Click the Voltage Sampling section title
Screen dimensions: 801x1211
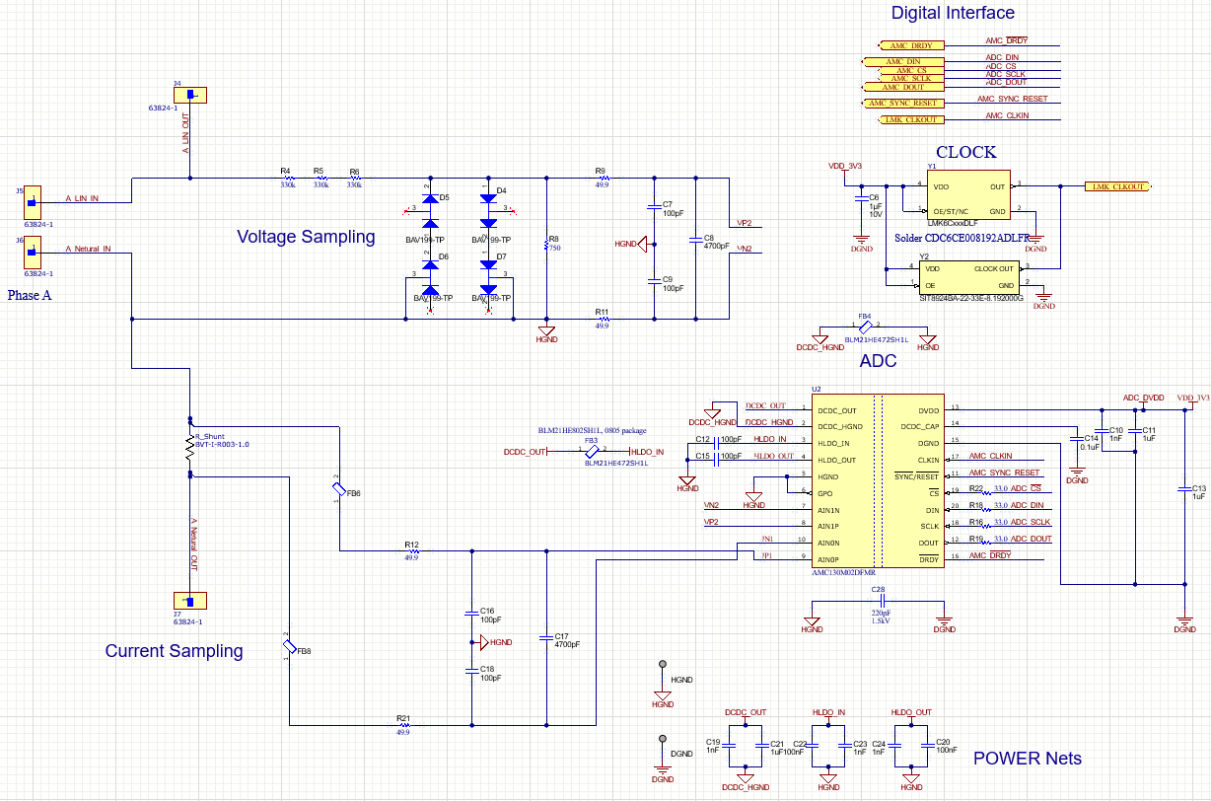click(306, 237)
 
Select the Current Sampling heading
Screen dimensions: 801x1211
click(174, 651)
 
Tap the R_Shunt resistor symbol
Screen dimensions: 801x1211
click(190, 448)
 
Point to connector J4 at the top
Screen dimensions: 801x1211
click(190, 96)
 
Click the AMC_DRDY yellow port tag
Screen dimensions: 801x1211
click(910, 45)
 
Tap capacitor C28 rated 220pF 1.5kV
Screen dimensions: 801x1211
click(879, 600)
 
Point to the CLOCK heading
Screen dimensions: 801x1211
click(965, 153)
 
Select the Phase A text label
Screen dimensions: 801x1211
click(29, 295)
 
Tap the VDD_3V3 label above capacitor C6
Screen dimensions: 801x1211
click(845, 167)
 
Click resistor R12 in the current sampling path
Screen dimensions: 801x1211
click(412, 551)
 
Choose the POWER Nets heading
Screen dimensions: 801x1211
click(1027, 759)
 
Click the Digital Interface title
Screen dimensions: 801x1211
click(953, 13)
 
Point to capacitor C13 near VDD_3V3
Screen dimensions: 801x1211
click(1184, 489)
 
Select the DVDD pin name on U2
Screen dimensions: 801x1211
click(928, 409)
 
